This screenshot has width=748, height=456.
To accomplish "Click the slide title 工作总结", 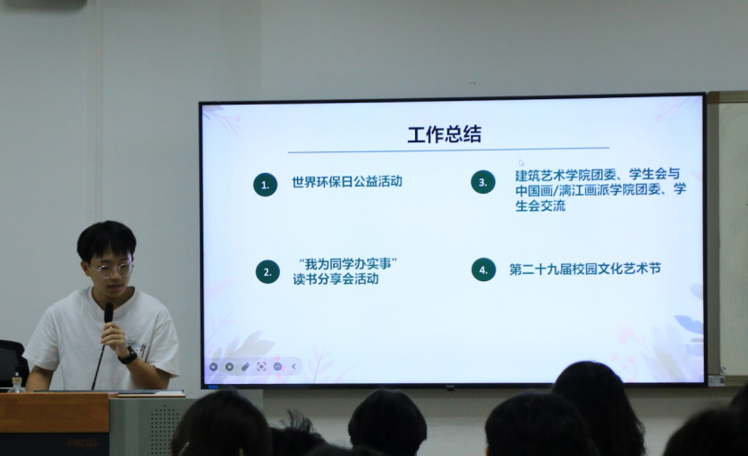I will coord(444,134).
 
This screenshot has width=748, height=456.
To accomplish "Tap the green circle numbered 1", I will coord(265,185).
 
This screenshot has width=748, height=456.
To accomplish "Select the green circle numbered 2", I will coord(267,271).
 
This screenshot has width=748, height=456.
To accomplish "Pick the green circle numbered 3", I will coord(483,182).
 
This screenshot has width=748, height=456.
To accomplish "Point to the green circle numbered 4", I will coord(483,269).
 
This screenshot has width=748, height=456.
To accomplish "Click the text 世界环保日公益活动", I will coord(347,182).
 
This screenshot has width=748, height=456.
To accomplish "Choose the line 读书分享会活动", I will coord(340,279).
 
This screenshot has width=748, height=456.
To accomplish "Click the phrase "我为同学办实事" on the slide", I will coord(347,263).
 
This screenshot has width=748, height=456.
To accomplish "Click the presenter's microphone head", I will coord(109,312).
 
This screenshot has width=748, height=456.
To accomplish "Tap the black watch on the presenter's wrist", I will coord(129,356).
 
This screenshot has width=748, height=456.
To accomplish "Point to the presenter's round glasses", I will coord(113,269).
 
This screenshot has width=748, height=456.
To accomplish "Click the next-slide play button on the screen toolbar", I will coord(230,367).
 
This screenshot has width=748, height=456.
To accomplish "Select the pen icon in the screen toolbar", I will coord(245,367).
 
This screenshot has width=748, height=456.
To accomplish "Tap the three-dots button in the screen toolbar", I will coord(277,367).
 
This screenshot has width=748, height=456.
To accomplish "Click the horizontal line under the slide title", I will coord(448,150).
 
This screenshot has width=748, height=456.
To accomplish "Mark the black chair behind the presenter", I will coord(11,360).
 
